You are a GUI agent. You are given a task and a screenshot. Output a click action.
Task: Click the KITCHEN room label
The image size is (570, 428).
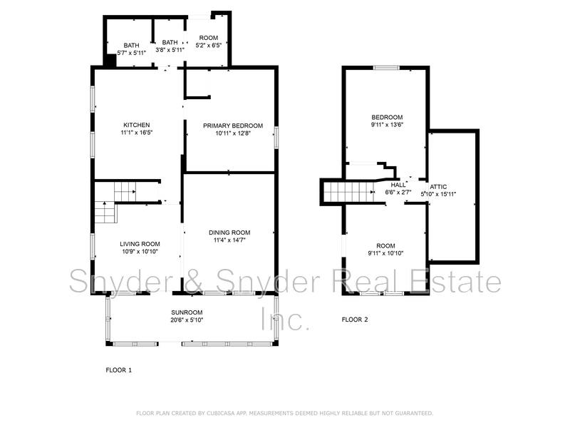point(136,125)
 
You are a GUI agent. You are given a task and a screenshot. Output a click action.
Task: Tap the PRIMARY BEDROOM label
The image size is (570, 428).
point(233,126)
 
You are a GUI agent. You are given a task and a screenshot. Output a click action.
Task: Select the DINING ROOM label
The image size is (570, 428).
point(229,233)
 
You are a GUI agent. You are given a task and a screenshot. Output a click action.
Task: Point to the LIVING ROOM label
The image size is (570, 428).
point(140,244)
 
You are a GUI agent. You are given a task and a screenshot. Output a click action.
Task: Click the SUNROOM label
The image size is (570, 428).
point(187,312)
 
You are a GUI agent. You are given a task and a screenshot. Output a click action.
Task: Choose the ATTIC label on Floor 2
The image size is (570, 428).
point(438,187)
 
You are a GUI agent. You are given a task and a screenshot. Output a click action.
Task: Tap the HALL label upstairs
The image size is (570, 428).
point(398,185)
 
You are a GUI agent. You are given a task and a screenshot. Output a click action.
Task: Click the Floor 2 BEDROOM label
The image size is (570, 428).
point(387,117)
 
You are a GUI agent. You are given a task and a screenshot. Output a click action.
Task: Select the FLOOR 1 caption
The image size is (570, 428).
point(118,370)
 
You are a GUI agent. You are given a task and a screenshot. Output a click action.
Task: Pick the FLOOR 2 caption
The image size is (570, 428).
point(355,320)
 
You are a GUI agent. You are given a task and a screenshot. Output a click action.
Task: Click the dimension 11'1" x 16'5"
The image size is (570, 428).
point(136,133)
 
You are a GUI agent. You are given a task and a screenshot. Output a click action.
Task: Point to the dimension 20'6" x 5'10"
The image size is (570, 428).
point(187,320)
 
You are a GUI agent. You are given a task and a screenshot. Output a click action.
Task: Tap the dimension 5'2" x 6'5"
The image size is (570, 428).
point(209,46)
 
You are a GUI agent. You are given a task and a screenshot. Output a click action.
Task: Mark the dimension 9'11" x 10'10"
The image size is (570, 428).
point(385,253)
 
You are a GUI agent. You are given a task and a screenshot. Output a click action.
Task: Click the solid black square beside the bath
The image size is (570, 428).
point(110,60)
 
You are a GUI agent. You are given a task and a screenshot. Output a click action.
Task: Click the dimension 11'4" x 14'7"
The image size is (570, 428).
point(229,240)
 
